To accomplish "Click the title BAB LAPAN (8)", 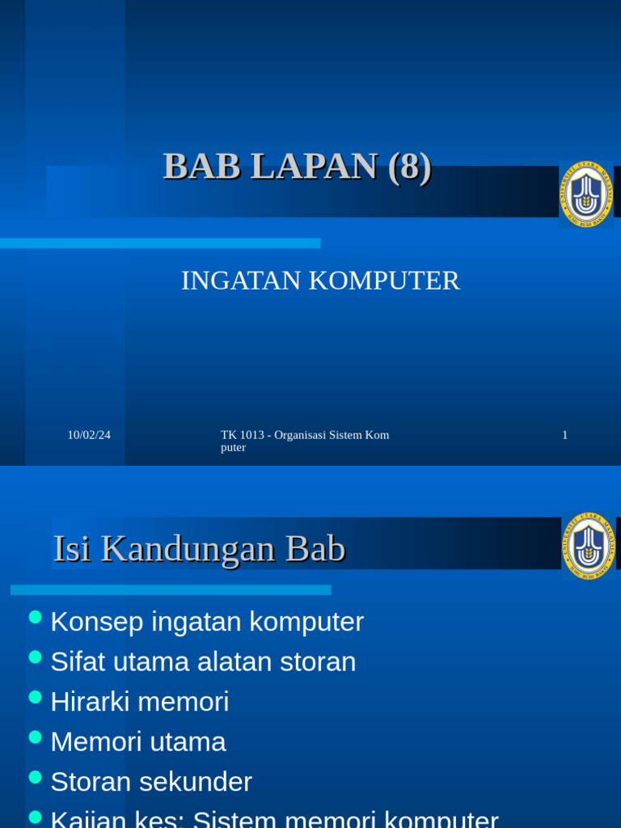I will click(x=297, y=167).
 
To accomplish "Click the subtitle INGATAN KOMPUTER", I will click(x=320, y=281).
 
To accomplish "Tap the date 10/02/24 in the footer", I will click(x=89, y=435).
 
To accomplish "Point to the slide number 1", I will click(x=564, y=435).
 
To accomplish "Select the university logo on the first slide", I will click(x=586, y=194).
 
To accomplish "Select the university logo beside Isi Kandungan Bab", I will click(x=588, y=546).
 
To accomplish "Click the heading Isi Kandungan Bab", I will click(x=199, y=549).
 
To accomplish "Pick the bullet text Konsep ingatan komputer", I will click(x=207, y=622).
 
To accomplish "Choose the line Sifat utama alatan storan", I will click(x=203, y=661).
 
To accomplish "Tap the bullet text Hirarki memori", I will click(x=140, y=701).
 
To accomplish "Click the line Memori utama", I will click(x=138, y=741).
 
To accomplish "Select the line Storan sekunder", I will click(x=151, y=781).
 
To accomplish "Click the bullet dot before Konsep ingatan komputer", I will click(x=35, y=618).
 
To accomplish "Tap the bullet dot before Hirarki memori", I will click(x=35, y=697).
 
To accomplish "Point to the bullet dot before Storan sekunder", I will click(x=35, y=777).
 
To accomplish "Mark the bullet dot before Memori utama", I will click(x=35, y=737).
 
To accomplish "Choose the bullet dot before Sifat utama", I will click(x=35, y=657).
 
